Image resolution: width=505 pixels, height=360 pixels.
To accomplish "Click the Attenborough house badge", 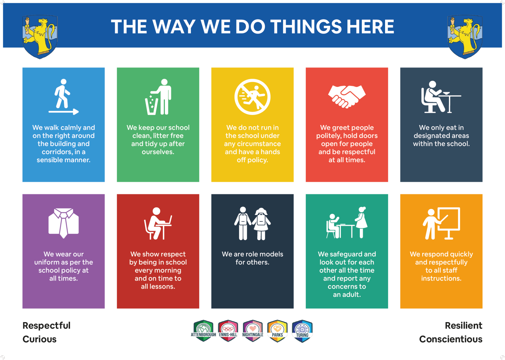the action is (x=203, y=331).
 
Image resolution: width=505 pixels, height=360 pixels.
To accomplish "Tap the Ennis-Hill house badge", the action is (x=228, y=331).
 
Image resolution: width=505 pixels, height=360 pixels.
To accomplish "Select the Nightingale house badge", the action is (x=253, y=331).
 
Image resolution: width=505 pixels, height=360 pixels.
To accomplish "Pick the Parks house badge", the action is (x=277, y=331).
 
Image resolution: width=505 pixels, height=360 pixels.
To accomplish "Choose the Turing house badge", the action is (x=302, y=331).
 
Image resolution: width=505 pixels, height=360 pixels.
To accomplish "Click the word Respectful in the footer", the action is (x=47, y=326).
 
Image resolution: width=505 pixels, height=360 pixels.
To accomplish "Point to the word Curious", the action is (x=39, y=339).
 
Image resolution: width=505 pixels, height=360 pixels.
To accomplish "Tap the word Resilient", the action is (x=463, y=326).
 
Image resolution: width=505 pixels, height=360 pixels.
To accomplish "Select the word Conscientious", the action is (x=451, y=339).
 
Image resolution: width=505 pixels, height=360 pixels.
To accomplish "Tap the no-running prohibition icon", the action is (x=252, y=97).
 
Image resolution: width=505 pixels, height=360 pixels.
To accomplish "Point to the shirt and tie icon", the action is (x=64, y=223).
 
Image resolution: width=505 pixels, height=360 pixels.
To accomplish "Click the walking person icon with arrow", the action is (x=63, y=97).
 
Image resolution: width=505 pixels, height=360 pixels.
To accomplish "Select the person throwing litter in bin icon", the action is (x=158, y=97).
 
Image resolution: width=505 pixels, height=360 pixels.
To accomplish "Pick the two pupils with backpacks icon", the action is (x=252, y=223).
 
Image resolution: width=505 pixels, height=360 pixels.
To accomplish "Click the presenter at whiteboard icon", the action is (x=441, y=223).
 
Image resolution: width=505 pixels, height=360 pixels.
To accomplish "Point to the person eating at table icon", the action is (x=441, y=97).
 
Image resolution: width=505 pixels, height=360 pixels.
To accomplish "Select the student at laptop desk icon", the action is (x=158, y=223).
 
